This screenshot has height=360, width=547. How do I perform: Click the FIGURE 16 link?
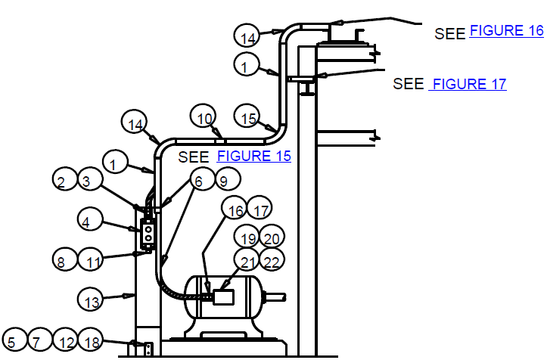coord(507,31)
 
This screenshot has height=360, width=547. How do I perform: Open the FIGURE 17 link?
coord(468,84)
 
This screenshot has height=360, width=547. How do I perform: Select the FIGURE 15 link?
coord(254,156)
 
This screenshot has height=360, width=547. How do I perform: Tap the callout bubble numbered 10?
coord(204,116)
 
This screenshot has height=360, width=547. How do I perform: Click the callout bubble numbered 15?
coord(247,116)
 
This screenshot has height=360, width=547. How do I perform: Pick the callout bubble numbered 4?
coord(90,220)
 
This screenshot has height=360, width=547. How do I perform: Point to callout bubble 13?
coord(90,299)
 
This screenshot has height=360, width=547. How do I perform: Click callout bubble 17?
coord(260,208)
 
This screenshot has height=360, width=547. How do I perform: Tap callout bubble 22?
coord(272,260)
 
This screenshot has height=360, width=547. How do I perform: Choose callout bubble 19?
coord(247,237)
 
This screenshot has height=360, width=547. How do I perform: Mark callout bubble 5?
coord(14,340)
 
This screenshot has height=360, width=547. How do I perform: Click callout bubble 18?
coord(90,340)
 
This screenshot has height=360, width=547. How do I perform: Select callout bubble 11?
coord(90,259)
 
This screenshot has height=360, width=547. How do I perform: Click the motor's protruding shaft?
coord(275,297)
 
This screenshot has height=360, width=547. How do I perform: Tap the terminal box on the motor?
coord(223,297)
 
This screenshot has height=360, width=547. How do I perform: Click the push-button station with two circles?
coord(148,234)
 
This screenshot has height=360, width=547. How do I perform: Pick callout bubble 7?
coord(40,340)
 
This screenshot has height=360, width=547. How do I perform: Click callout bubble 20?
coord(272,237)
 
